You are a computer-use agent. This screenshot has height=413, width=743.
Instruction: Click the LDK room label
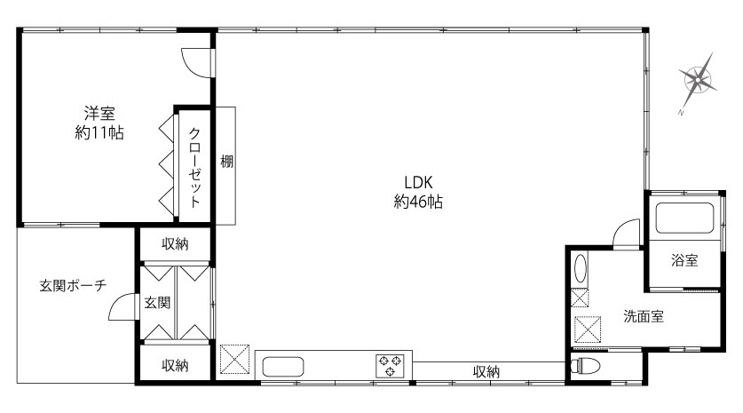click(418, 183)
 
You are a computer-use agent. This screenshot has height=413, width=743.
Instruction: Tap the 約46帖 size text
click(418, 202)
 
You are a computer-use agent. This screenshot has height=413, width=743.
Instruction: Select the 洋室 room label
click(99, 114)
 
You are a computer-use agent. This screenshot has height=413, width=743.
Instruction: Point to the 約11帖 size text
click(99, 132)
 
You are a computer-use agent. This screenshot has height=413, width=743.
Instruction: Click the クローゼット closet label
click(194, 167)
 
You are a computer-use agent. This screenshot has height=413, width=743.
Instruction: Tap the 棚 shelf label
click(227, 162)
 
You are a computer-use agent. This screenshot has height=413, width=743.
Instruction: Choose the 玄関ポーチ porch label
click(73, 285)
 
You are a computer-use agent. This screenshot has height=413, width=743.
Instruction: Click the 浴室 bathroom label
click(684, 260)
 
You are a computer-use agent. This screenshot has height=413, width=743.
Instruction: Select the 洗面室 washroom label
click(644, 316)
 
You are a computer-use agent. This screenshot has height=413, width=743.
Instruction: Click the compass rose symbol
click(697, 81)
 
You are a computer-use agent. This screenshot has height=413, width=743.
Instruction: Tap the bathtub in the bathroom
click(684, 218)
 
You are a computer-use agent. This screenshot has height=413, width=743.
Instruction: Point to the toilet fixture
click(585, 366)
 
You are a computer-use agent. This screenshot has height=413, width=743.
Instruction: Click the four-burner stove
click(390, 366)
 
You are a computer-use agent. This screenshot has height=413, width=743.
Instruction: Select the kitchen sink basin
click(283, 367)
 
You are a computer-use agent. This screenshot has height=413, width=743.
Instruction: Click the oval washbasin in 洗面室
click(580, 269)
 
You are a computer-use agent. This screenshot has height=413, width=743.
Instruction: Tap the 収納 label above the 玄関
click(176, 243)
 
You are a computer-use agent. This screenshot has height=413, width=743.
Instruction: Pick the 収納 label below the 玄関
click(176, 366)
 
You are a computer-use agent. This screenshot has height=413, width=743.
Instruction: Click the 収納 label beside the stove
click(486, 372)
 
